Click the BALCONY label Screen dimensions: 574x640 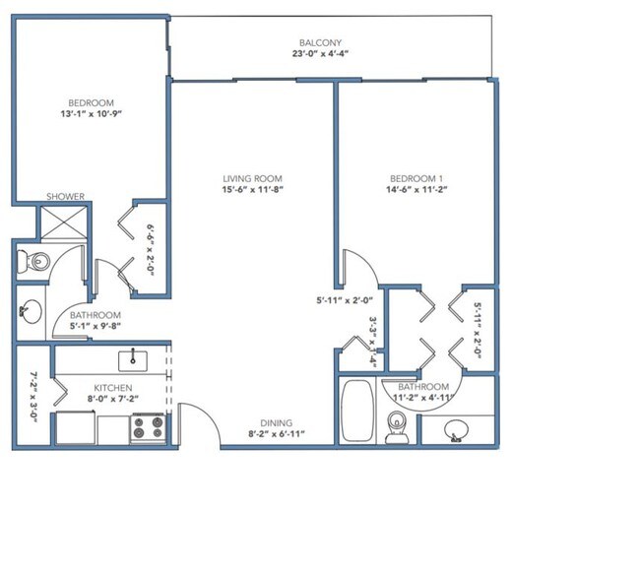[320, 42]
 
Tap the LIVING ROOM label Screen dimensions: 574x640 [253, 179]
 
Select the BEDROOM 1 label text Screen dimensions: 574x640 [414, 179]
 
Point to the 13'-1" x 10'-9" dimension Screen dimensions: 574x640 [91, 114]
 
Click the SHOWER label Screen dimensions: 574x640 [65, 196]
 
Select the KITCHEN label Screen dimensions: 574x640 [112, 387]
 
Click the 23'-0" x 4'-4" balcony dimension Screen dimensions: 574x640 [320, 54]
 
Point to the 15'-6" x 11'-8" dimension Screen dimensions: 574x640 [253, 190]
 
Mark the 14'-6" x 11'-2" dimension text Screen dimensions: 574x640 [414, 190]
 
